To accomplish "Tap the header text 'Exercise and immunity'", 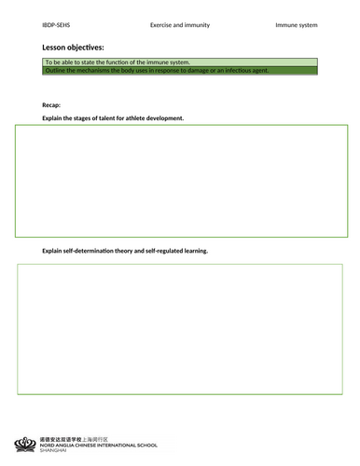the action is (181, 24).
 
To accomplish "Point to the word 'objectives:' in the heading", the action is (89, 47).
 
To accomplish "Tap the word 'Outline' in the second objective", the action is (57, 70).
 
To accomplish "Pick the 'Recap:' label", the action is (51, 105).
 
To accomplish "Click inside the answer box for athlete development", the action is (181, 181).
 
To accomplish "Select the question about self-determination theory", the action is (125, 251).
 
